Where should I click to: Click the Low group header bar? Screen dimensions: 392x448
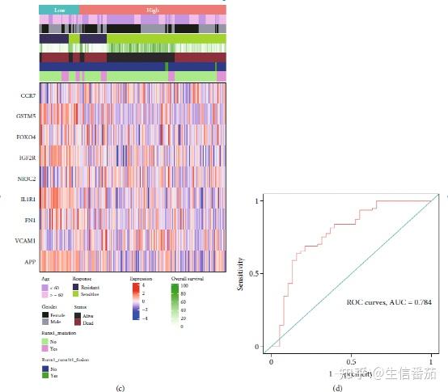pyautogui.click(x=59, y=9)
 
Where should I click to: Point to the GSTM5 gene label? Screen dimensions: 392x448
pyautogui.click(x=25, y=117)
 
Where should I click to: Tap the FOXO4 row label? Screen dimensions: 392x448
pyautogui.click(x=25, y=137)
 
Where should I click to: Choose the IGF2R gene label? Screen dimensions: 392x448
pyautogui.click(x=26, y=158)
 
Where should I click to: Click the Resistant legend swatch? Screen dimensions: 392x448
pyautogui.click(x=77, y=287)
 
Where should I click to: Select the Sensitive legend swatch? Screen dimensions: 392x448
pyautogui.click(x=77, y=294)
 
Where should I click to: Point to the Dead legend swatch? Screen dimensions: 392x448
pyautogui.click(x=77, y=322)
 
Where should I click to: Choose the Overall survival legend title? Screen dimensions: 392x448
pyautogui.click(x=187, y=278)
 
